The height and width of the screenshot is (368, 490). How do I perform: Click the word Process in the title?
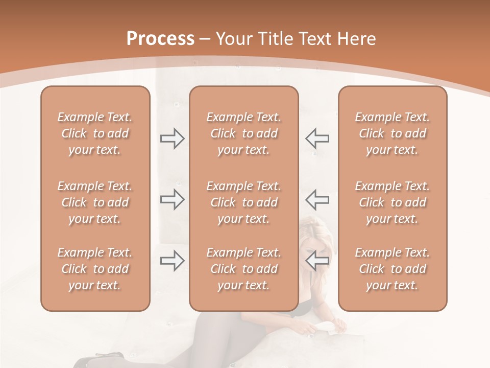tap(160, 39)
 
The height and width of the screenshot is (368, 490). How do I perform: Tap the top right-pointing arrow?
tap(172, 139)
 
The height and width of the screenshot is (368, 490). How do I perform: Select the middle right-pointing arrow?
tap(172, 199)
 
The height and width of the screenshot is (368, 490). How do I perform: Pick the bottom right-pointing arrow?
tap(172, 261)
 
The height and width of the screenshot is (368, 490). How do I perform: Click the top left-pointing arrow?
tap(317, 139)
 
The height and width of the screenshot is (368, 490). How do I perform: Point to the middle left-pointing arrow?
tap(317, 199)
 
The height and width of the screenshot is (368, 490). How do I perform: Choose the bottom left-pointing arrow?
tap(317, 261)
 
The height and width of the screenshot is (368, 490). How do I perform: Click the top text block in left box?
tap(95, 133)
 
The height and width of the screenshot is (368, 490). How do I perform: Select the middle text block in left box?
tap(95, 202)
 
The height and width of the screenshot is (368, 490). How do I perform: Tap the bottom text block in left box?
tap(95, 269)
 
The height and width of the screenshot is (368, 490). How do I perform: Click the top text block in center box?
tap(244, 133)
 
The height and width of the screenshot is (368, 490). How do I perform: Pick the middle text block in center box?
tap(244, 202)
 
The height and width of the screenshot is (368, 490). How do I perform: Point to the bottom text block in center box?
tap(244, 269)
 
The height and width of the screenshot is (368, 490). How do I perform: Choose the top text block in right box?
tap(393, 133)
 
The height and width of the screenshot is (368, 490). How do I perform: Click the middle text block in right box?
tap(393, 202)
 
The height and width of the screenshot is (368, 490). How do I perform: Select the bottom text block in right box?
tap(393, 269)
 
